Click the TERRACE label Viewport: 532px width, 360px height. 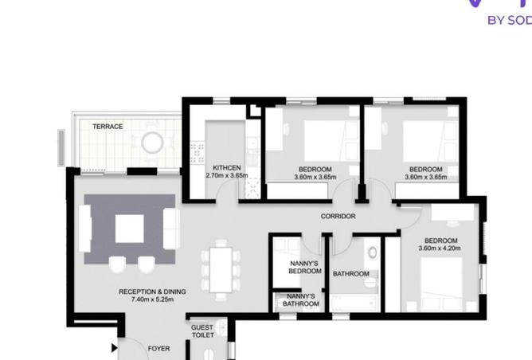[x=108, y=127]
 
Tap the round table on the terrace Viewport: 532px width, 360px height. [x=152, y=143]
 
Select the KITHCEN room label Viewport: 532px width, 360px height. [x=227, y=168]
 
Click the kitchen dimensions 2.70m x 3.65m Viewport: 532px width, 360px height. [x=227, y=175]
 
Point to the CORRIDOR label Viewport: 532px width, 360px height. [x=338, y=217]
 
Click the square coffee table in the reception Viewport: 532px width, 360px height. [x=129, y=229]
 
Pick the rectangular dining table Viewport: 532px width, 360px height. [x=221, y=270]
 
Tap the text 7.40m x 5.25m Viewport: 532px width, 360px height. [x=152, y=299]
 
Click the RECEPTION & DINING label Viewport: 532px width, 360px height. [x=152, y=292]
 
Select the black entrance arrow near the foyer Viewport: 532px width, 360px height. [x=115, y=348]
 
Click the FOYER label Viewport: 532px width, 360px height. [x=158, y=349]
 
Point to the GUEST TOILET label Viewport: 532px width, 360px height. [x=202, y=331]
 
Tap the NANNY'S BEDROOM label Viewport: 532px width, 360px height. [x=305, y=268]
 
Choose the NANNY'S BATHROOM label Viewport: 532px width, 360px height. [x=300, y=300]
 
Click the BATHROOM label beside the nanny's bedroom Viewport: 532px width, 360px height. [x=351, y=274]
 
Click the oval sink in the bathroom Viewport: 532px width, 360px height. [x=373, y=252]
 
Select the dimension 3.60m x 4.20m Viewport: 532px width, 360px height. [x=440, y=248]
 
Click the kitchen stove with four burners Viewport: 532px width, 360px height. [x=198, y=153]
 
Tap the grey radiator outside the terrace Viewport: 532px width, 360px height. [x=61, y=148]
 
